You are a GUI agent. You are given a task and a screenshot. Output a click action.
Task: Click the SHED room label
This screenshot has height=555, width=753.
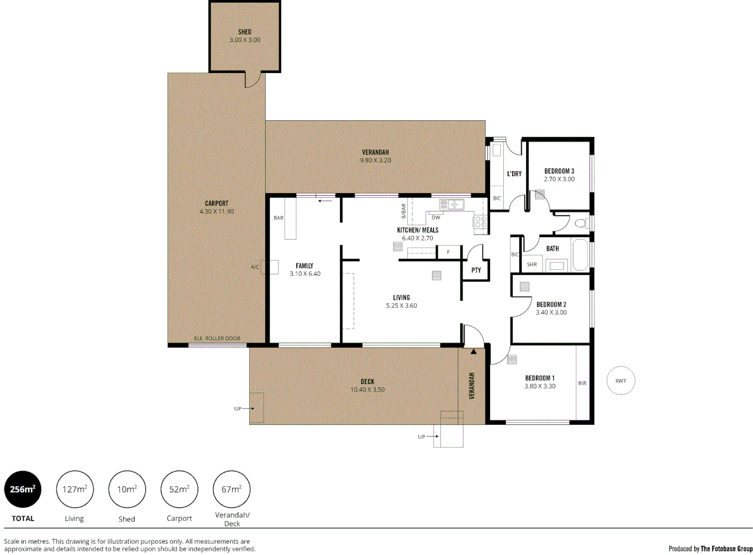244,32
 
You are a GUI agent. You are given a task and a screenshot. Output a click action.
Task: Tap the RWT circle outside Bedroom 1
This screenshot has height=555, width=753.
620,381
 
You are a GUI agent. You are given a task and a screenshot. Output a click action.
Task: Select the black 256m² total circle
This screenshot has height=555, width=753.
23,489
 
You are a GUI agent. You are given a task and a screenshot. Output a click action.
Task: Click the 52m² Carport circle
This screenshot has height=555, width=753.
179,489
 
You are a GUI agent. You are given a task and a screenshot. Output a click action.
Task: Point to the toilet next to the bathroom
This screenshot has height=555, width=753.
581,223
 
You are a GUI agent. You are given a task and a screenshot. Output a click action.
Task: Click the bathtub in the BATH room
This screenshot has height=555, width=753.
580,254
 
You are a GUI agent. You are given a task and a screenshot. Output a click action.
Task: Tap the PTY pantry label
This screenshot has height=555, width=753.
476,270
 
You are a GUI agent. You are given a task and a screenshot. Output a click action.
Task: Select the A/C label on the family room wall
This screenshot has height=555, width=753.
255,267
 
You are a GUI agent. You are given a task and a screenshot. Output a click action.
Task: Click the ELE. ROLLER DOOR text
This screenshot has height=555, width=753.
217,339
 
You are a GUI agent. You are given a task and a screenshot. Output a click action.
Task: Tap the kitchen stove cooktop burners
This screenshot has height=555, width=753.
480,222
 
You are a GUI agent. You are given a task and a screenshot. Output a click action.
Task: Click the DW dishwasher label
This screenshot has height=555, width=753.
436,218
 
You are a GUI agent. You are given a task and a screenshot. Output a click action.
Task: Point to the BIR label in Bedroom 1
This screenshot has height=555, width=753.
582,383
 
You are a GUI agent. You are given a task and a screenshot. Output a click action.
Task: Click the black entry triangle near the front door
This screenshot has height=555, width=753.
473,352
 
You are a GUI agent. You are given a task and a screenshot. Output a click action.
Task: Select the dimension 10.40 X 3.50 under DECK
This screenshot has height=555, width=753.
367,390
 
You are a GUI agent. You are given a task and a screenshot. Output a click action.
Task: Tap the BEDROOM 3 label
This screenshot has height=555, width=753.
559,171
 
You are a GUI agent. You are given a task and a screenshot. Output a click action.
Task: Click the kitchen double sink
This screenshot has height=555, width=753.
451,205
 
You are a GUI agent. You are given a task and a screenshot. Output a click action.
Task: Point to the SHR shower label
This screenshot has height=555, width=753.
532,265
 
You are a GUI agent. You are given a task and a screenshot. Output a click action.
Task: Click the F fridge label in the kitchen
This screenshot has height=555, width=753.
448,252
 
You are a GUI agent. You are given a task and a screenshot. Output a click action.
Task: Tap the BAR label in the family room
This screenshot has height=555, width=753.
278,218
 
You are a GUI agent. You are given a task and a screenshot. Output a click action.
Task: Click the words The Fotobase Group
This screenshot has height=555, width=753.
726,549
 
